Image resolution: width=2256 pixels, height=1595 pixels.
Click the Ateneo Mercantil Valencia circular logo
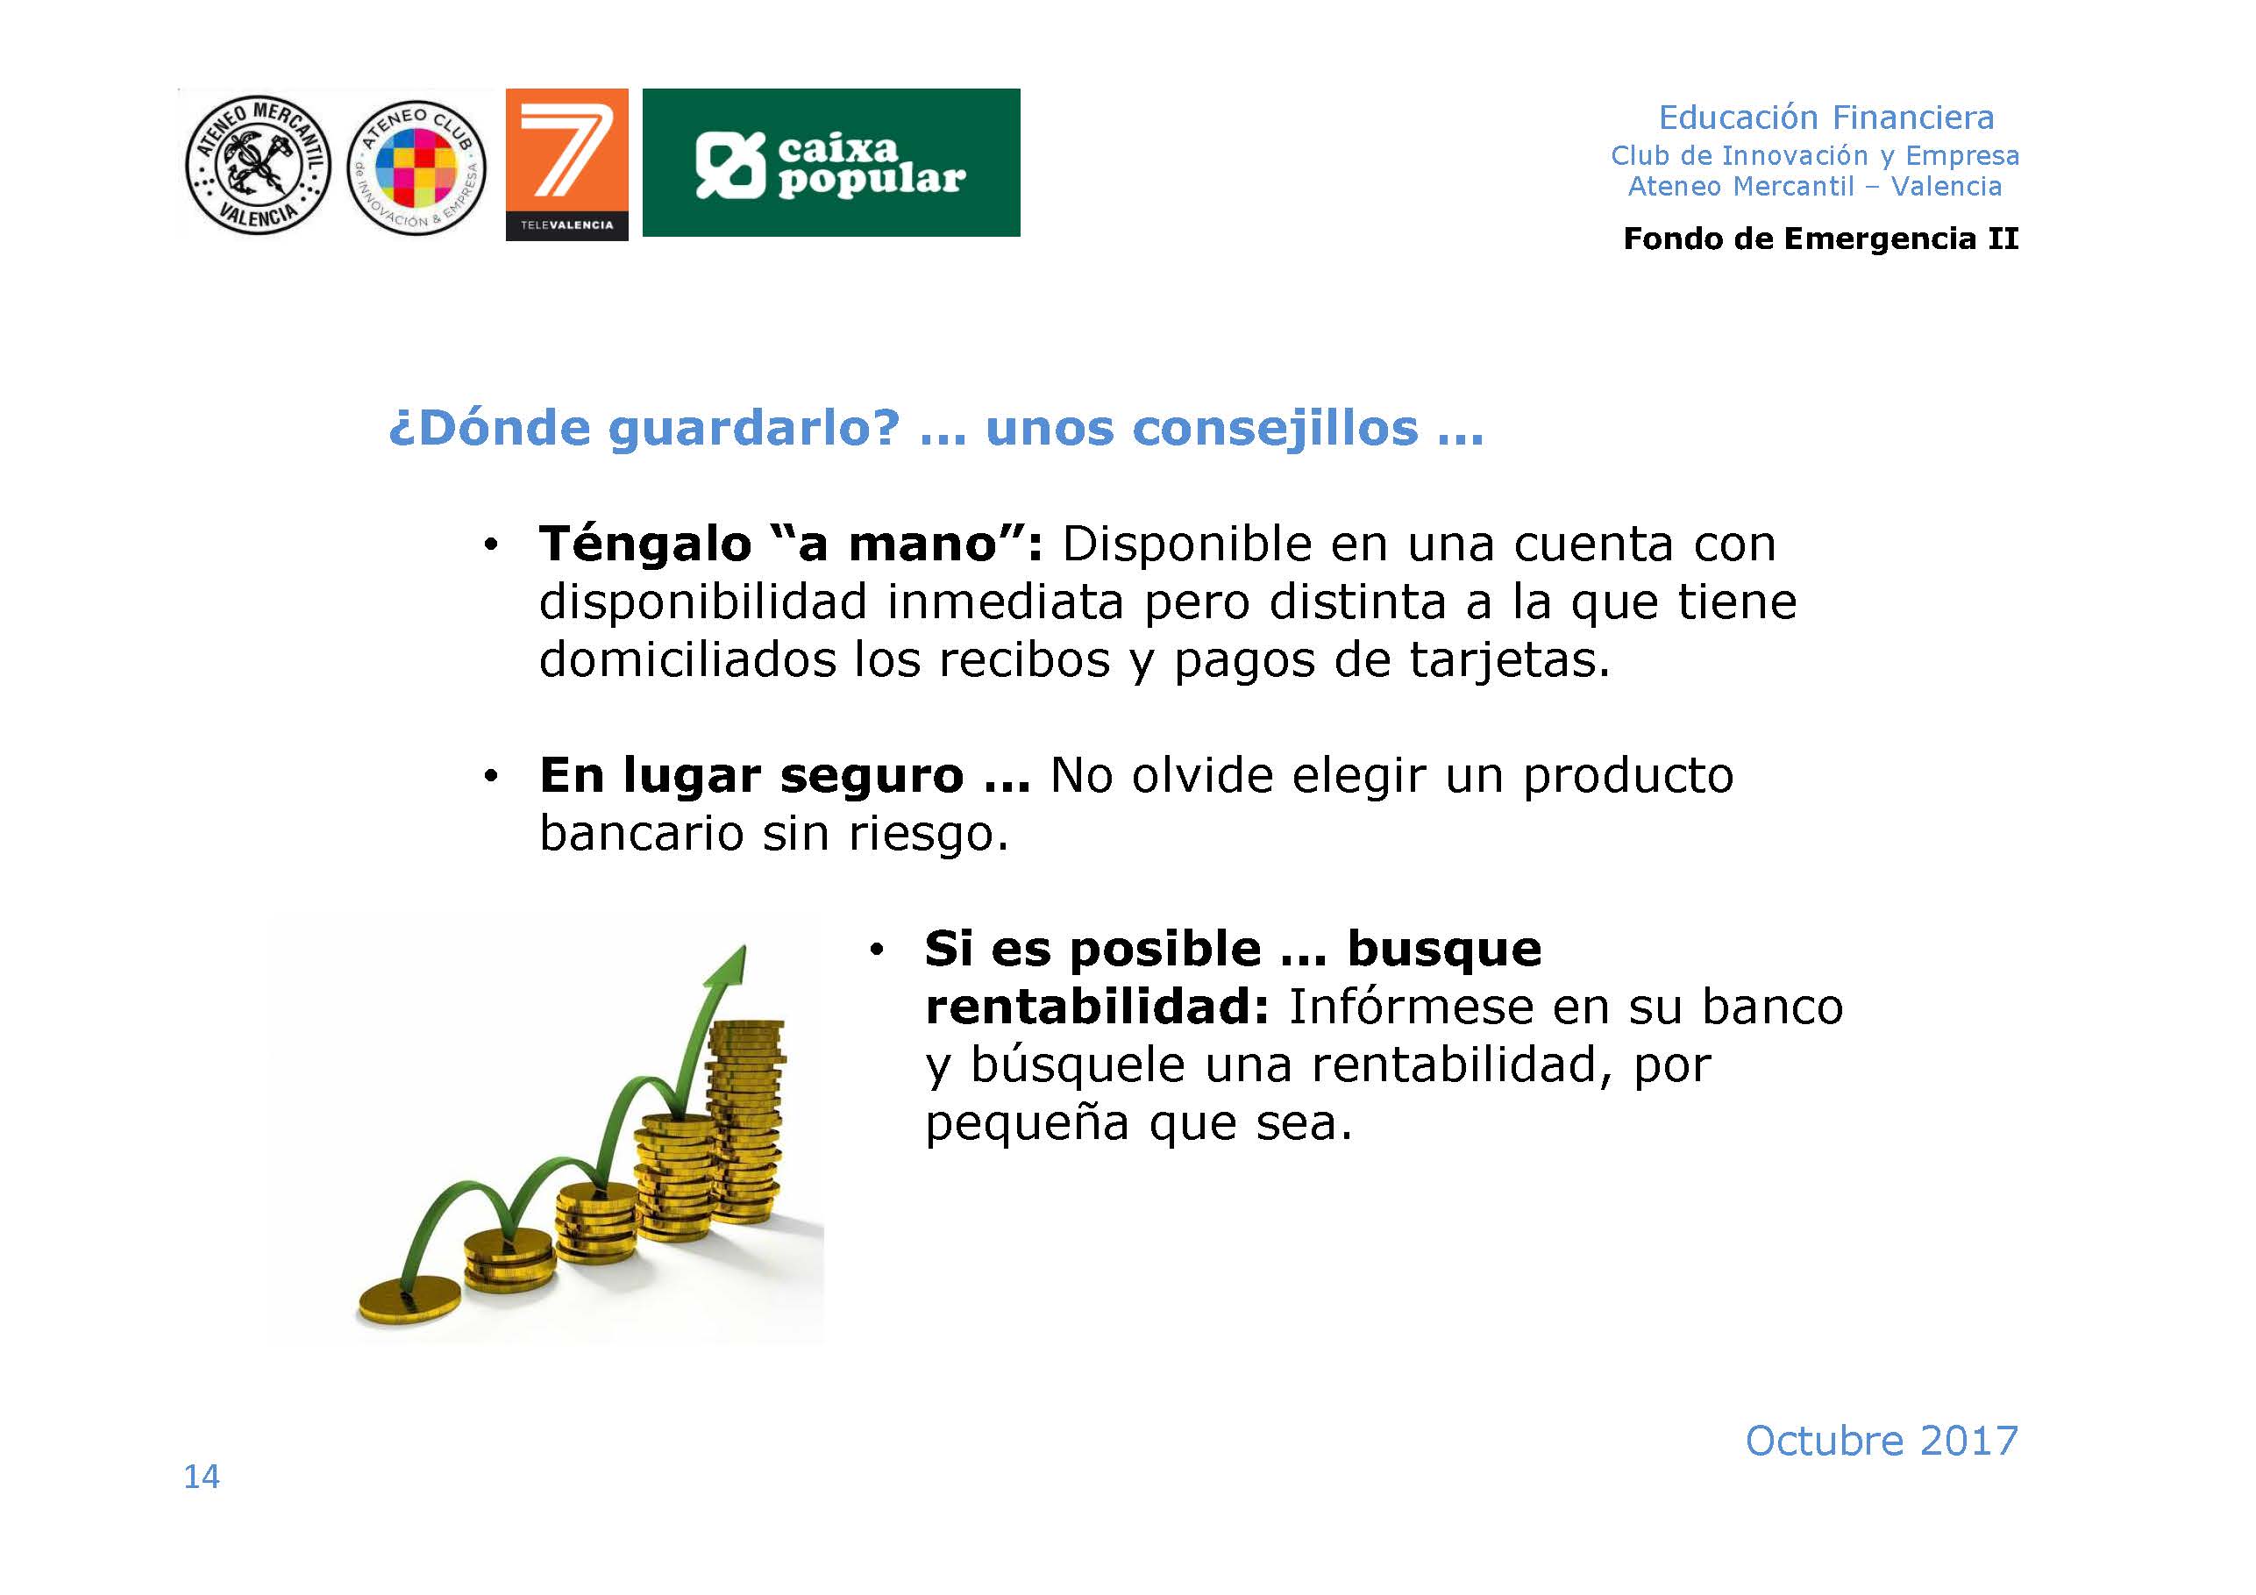coord(258,163)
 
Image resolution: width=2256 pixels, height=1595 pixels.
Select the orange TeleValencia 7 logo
coord(567,164)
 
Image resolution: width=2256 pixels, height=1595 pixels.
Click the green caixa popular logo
coord(831,162)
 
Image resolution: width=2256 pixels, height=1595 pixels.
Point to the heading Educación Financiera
coord(1826,117)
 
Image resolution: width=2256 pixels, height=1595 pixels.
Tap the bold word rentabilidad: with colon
coord(1098,1007)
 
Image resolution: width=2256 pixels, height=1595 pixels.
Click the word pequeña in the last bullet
coord(1028,1123)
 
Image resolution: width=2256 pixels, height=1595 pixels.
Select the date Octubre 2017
coord(1882,1441)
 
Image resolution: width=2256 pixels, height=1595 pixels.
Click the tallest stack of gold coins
coord(747,1121)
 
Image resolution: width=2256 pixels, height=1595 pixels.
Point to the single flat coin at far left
coord(408,1301)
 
